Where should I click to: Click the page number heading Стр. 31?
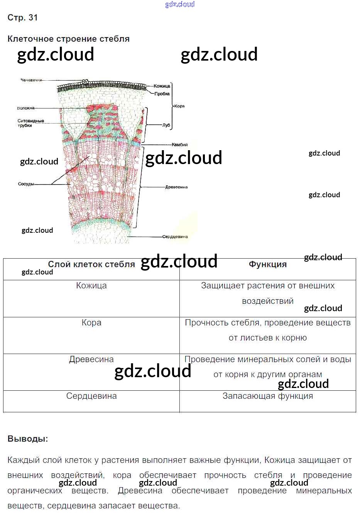(x=23, y=18)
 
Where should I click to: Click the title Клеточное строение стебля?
(x=68, y=39)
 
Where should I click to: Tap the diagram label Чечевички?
(x=31, y=80)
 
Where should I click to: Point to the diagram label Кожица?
(x=162, y=86)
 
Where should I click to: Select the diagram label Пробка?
(x=162, y=94)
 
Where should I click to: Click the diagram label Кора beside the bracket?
(x=179, y=106)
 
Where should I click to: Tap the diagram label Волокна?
(x=25, y=108)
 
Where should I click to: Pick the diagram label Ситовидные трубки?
(x=30, y=123)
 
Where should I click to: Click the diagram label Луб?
(x=166, y=125)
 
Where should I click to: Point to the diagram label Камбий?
(x=179, y=145)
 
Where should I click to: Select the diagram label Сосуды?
(x=26, y=184)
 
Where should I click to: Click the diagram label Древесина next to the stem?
(x=176, y=187)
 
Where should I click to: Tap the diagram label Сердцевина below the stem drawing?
(x=175, y=237)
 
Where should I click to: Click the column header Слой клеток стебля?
(x=91, y=264)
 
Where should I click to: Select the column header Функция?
(x=268, y=264)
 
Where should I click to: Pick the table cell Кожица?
(x=91, y=286)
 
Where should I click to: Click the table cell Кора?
(x=91, y=323)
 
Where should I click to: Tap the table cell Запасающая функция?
(x=268, y=396)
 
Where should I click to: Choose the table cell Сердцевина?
(x=91, y=396)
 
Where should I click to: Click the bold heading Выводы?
(x=28, y=439)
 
